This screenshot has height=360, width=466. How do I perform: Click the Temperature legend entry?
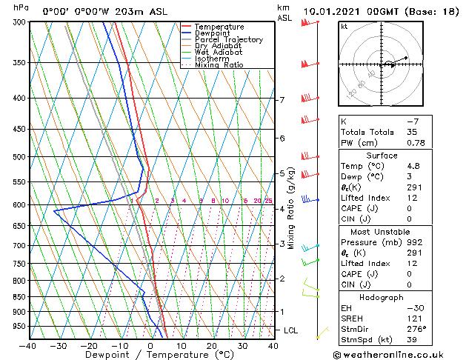click(x=219, y=27)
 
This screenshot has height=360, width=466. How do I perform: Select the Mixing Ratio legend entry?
click(x=219, y=65)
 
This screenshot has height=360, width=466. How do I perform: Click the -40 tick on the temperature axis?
click(x=28, y=345)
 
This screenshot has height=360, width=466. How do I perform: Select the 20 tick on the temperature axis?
click(x=212, y=345)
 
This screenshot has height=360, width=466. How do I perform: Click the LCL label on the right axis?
click(x=291, y=330)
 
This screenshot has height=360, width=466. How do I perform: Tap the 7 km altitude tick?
click(x=282, y=100)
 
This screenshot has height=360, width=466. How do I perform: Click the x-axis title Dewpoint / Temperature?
click(x=150, y=355)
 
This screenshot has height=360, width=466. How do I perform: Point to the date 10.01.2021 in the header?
click(x=333, y=11)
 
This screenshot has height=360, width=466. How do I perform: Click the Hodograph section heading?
click(x=382, y=297)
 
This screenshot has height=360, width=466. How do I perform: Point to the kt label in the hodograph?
click(x=344, y=27)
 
